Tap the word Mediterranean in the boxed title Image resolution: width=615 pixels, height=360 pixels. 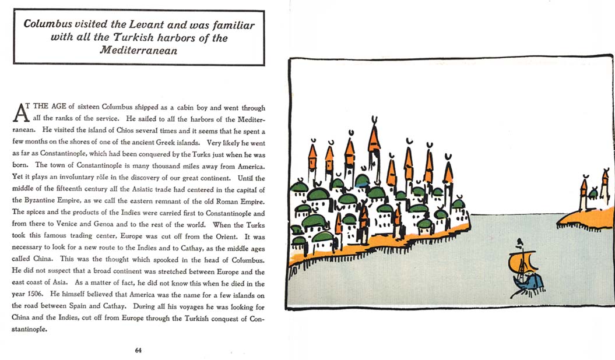pos(138,50)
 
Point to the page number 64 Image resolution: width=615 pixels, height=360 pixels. pos(138,350)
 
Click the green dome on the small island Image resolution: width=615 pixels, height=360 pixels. pos(593,193)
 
